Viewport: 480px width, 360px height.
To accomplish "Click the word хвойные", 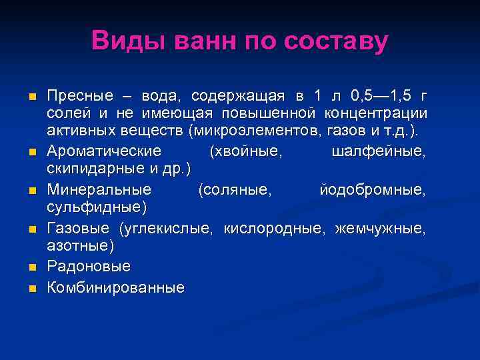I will (x=246, y=151).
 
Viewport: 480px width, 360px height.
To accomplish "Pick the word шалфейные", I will (x=378, y=151).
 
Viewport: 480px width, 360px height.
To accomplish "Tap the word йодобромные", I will (x=372, y=191).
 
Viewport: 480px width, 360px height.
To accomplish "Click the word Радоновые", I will (x=89, y=267).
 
